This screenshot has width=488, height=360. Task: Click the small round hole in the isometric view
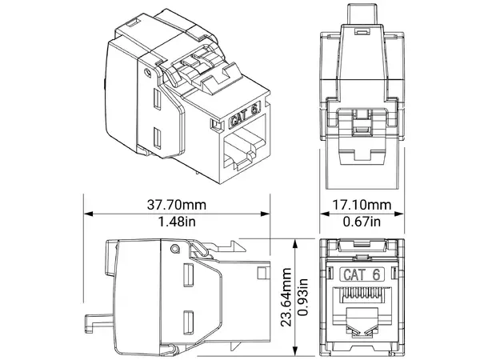147,72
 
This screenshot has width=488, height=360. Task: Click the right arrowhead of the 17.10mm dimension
402,214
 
